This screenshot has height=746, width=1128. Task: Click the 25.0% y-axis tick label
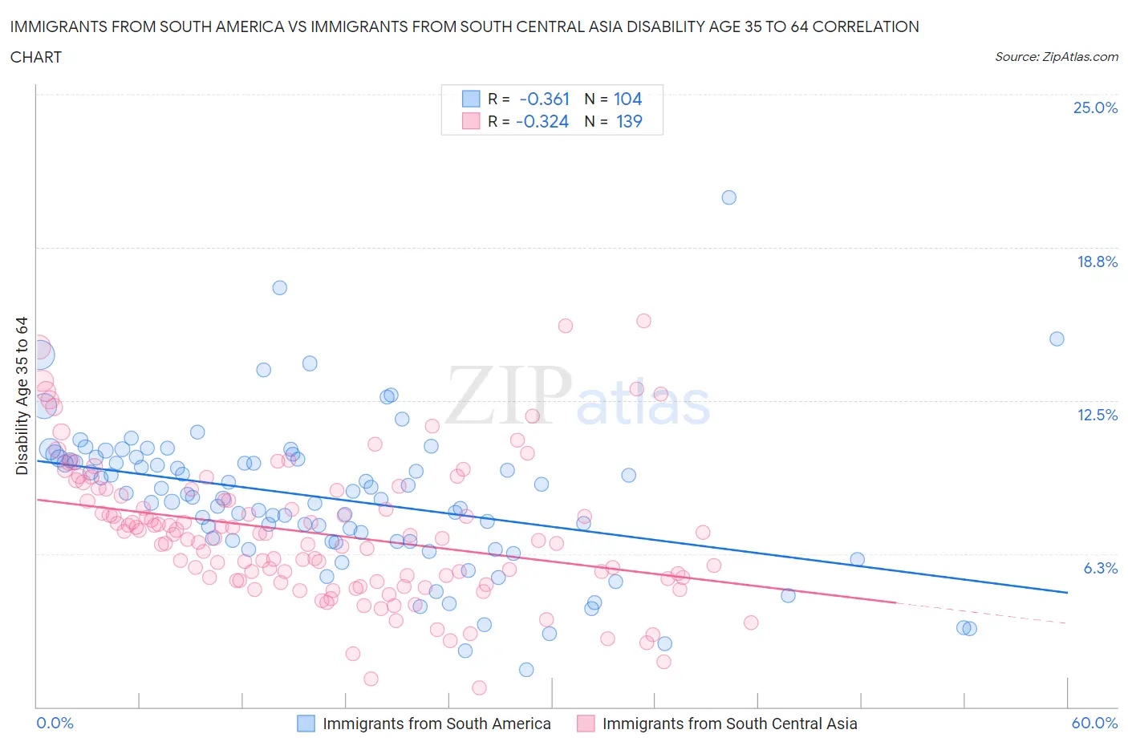pos(1095,108)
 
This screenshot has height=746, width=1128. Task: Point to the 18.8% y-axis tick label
pos(1097,262)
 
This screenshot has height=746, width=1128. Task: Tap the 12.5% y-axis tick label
pos(1097,415)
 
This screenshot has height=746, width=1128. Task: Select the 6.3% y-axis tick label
pos(1100,568)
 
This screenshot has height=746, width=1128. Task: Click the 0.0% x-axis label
pos(55,723)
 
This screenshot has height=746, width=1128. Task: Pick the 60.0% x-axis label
pos(1094,723)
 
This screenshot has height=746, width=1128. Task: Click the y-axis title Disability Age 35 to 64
pos(22,395)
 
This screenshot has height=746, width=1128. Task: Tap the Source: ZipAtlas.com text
pos(1056,57)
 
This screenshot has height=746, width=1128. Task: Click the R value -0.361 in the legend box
pos(544,99)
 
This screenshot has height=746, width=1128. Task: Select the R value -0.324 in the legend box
pos(542,121)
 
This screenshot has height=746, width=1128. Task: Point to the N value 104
pos(627,99)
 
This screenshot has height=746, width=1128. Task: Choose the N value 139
pos(628,121)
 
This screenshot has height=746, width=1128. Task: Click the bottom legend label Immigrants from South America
pos(436,724)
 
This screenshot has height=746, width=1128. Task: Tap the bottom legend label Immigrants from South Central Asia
pos(729,724)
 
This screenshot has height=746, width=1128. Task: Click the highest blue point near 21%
pos(728,197)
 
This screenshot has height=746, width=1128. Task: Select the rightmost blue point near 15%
pos(1057,339)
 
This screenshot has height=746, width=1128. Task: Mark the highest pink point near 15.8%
pos(643,321)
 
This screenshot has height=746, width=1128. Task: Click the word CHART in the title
pos(36,57)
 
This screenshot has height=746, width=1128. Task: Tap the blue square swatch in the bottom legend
pos(306,724)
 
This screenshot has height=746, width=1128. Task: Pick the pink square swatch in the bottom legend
pos(586,724)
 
